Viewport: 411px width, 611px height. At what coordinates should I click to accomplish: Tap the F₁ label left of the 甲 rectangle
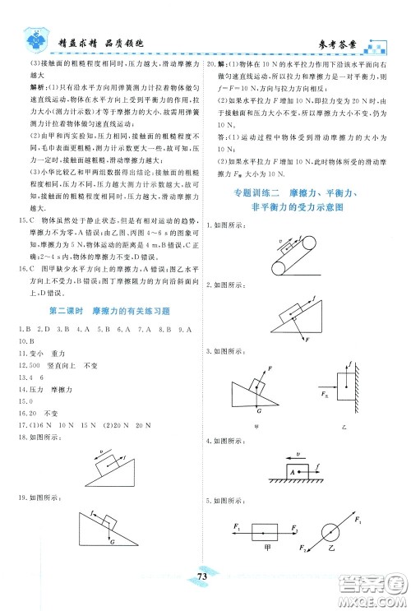[236, 525]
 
